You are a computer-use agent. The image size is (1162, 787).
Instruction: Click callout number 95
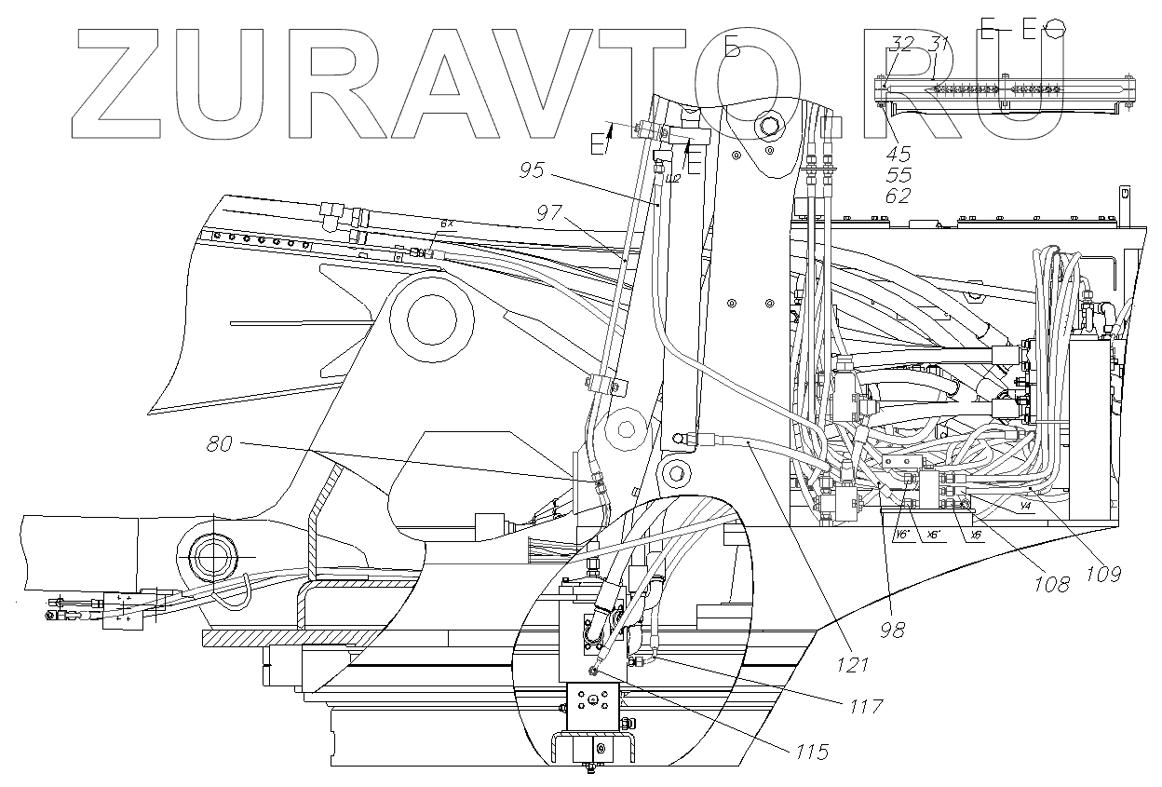(533, 170)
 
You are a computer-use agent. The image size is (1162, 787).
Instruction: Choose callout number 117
(865, 707)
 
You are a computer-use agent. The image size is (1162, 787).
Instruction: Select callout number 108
(1051, 585)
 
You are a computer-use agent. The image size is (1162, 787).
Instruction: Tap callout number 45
(899, 155)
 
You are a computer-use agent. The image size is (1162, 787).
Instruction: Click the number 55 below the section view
(899, 175)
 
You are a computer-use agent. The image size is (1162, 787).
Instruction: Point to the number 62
(899, 196)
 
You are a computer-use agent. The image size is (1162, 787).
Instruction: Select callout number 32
(902, 44)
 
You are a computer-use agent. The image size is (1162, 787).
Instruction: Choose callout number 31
(939, 44)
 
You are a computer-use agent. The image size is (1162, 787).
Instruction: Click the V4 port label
(1024, 507)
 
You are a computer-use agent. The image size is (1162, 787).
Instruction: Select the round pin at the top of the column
(769, 125)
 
